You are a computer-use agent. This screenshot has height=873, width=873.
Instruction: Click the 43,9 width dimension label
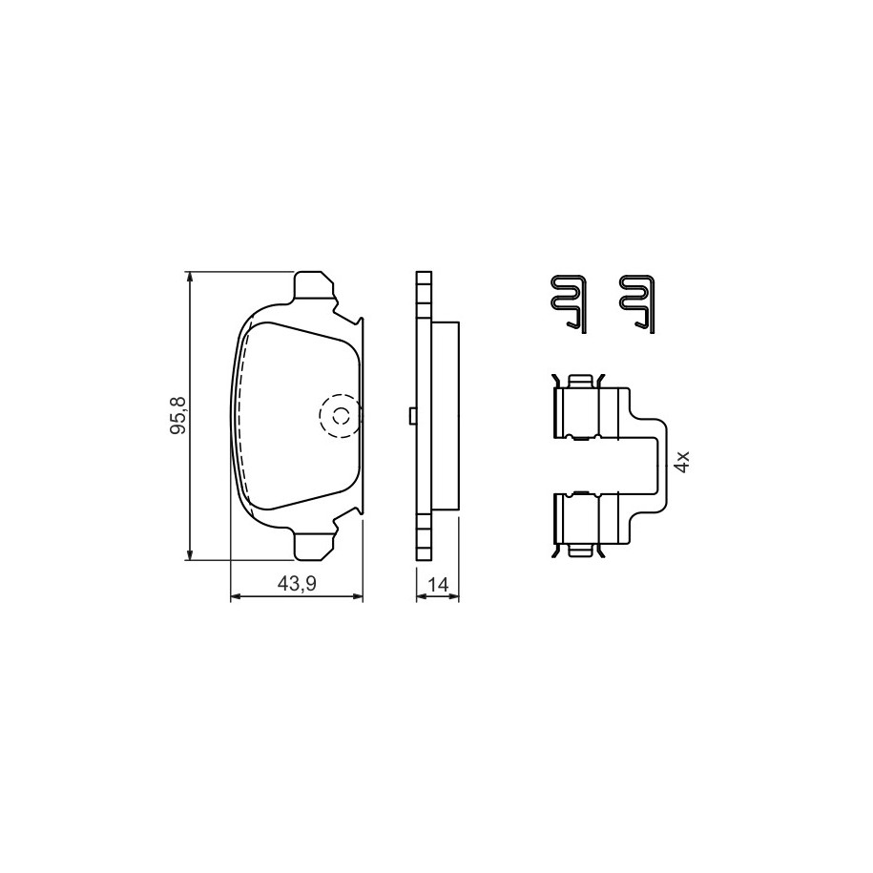point(297,584)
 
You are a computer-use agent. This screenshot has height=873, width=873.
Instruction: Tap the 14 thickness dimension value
point(438,585)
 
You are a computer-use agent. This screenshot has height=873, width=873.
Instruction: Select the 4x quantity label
point(681,462)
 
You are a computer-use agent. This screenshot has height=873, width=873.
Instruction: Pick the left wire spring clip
point(569,304)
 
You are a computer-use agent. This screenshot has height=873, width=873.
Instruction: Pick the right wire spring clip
point(637,304)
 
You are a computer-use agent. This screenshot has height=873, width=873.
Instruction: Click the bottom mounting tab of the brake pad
point(314,545)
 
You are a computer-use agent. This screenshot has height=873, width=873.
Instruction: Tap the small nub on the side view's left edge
point(412,415)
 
